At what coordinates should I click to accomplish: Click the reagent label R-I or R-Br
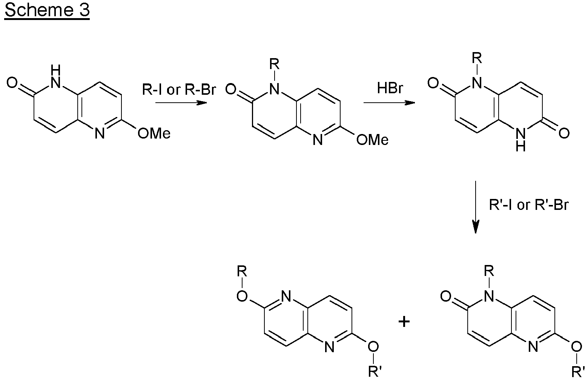179,89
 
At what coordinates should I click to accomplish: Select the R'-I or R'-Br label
529,205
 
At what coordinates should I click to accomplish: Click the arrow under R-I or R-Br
181,102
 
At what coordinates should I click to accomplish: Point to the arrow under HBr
389,102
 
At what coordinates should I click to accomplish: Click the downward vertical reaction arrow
476,207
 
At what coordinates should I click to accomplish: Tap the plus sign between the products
404,322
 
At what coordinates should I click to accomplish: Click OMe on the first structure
154,134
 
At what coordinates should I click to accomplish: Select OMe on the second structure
372,140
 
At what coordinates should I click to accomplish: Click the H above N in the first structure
56,70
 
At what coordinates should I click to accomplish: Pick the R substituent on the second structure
275,64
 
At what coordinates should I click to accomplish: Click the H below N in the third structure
520,146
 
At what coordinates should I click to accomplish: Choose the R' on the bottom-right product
578,371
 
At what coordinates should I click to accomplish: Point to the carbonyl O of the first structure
12,83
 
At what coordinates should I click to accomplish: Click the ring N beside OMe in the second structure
318,140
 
